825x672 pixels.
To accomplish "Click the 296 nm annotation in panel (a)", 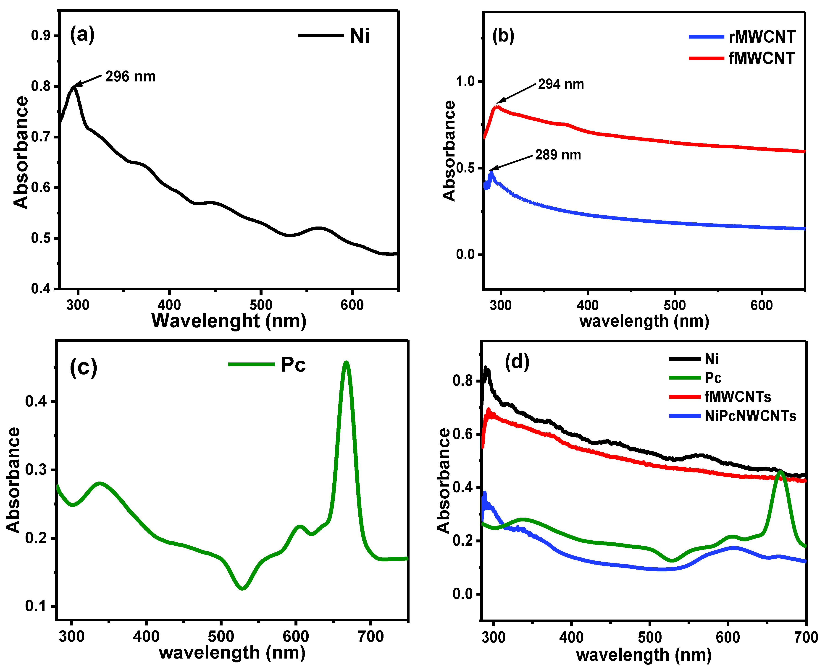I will pyautogui.click(x=131, y=77).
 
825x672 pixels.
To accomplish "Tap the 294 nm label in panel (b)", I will pyautogui.click(x=561, y=84).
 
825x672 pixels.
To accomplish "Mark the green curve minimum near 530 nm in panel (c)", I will pyautogui.click(x=242, y=588).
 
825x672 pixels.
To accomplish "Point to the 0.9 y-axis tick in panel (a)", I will pyautogui.click(x=41, y=36).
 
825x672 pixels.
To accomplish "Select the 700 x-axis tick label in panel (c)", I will pyautogui.click(x=371, y=636).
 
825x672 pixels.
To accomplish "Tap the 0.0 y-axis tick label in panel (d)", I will pyautogui.click(x=463, y=594).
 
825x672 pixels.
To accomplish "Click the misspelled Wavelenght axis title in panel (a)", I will pyautogui.click(x=229, y=321).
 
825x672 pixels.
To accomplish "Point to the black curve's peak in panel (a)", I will pyautogui.click(x=74, y=87).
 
